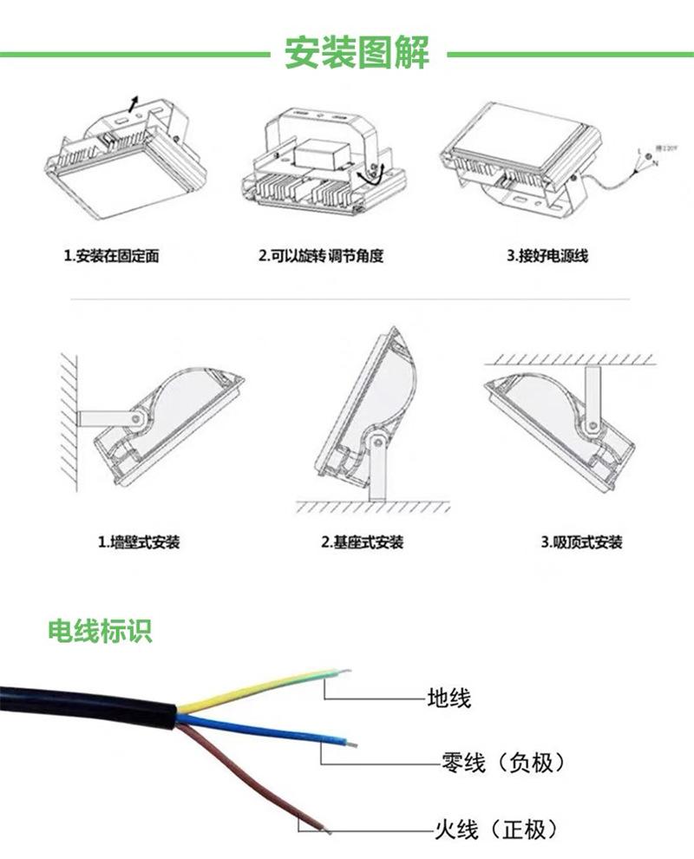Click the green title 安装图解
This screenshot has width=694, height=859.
point(357,54)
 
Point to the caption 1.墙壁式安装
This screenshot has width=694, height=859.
point(139,543)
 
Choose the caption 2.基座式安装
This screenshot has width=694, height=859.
point(362,543)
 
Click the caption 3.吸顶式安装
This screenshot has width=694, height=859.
point(582,543)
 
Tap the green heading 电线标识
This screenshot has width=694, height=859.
point(100,631)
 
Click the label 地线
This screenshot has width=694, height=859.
point(449,697)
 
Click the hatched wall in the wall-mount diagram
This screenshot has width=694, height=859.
point(68,416)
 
